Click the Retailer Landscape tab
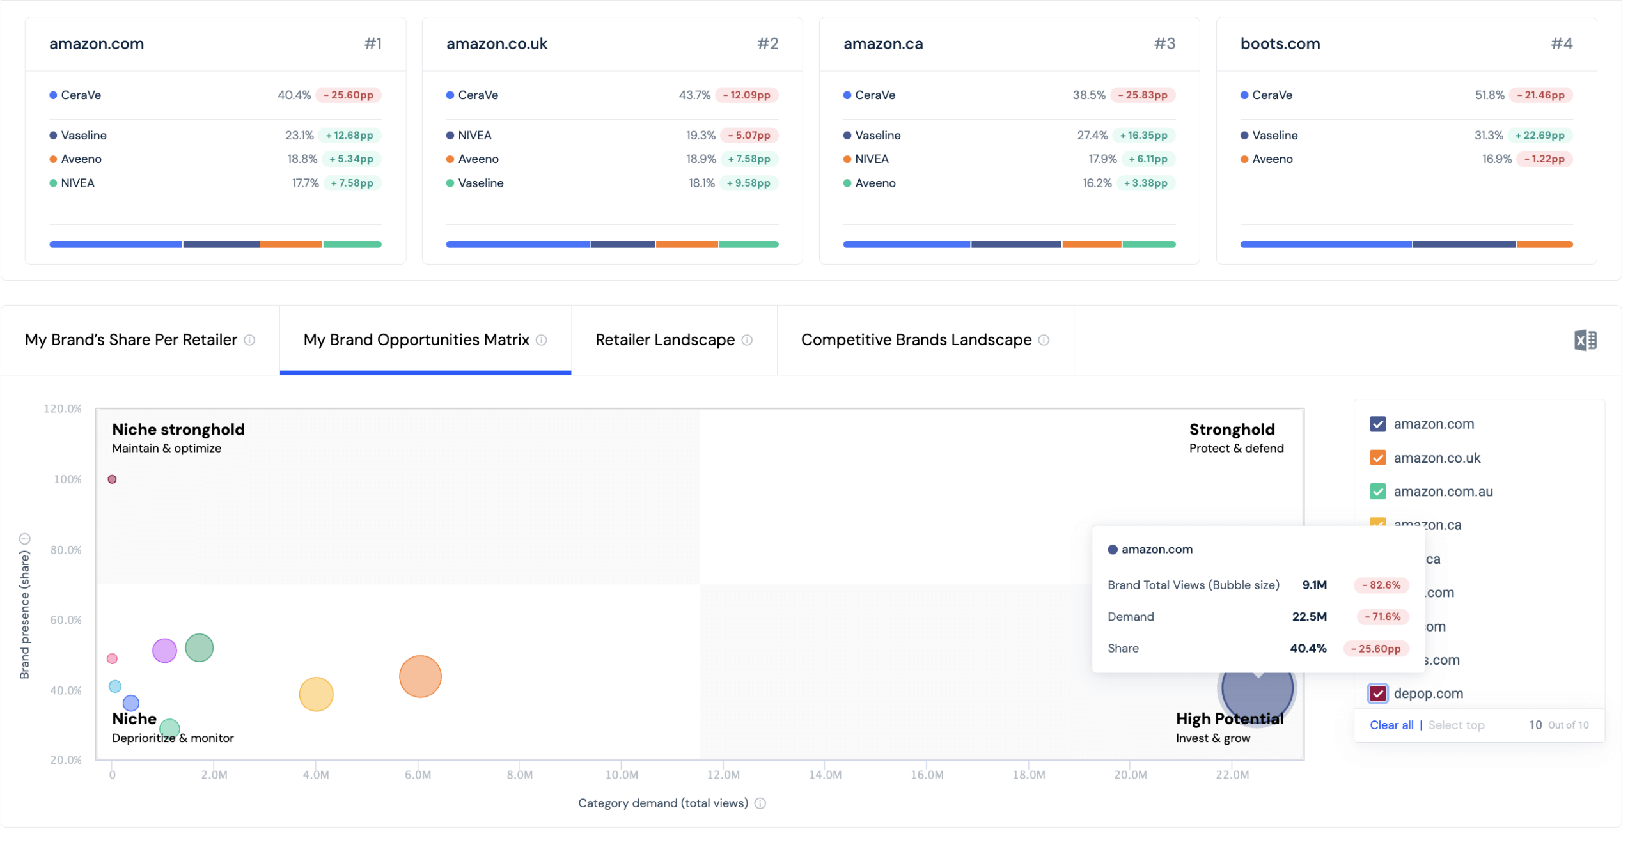(x=664, y=339)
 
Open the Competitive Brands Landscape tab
(x=915, y=339)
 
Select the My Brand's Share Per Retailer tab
(x=131, y=339)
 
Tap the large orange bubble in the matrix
(x=419, y=676)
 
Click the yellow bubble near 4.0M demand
(x=316, y=694)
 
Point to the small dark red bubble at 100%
(x=112, y=479)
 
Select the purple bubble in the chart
(x=164, y=650)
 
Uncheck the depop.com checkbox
(x=1377, y=693)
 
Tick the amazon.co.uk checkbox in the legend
(x=1377, y=458)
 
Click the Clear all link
(x=1391, y=724)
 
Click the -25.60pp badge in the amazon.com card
(x=349, y=95)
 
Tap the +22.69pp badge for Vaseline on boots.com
(x=1539, y=135)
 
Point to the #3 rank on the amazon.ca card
(x=1164, y=43)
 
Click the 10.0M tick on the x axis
(x=621, y=774)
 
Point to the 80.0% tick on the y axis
(x=66, y=549)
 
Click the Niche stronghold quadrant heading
(x=178, y=429)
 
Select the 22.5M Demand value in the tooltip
(x=1308, y=616)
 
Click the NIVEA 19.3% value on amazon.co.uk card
(x=700, y=135)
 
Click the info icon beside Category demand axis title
(x=759, y=803)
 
